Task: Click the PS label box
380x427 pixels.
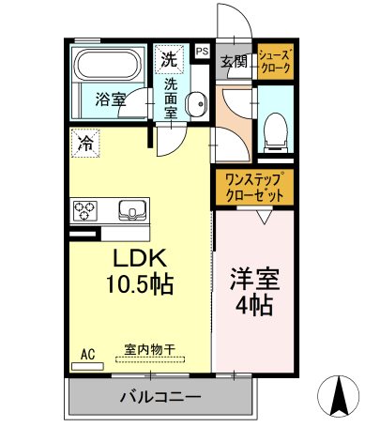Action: coord(203,51)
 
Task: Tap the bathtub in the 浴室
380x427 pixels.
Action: coord(107,65)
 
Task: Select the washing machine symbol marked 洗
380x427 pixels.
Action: coord(169,60)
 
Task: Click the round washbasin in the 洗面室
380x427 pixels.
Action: coord(196,103)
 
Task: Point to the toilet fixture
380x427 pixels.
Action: coord(276,132)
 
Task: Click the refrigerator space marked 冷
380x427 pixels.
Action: coord(85,143)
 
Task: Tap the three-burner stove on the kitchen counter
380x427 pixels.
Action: coord(85,210)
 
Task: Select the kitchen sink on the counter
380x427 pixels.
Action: coord(132,210)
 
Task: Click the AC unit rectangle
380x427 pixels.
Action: coord(87,366)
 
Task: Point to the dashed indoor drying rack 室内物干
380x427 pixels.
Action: coord(150,359)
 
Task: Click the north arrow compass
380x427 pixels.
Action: coord(339,396)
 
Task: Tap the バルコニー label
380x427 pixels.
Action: coord(160,397)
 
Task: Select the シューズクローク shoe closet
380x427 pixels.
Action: coord(276,61)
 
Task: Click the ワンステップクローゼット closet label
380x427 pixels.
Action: coord(254,188)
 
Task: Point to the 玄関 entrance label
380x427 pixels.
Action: coord(234,62)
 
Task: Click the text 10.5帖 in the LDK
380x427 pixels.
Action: coord(140,283)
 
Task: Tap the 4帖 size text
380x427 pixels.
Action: coord(254,305)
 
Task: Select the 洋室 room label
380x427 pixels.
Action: coord(254,279)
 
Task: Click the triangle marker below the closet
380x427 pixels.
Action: coord(265,217)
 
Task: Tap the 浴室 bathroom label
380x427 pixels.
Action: coord(111,99)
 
